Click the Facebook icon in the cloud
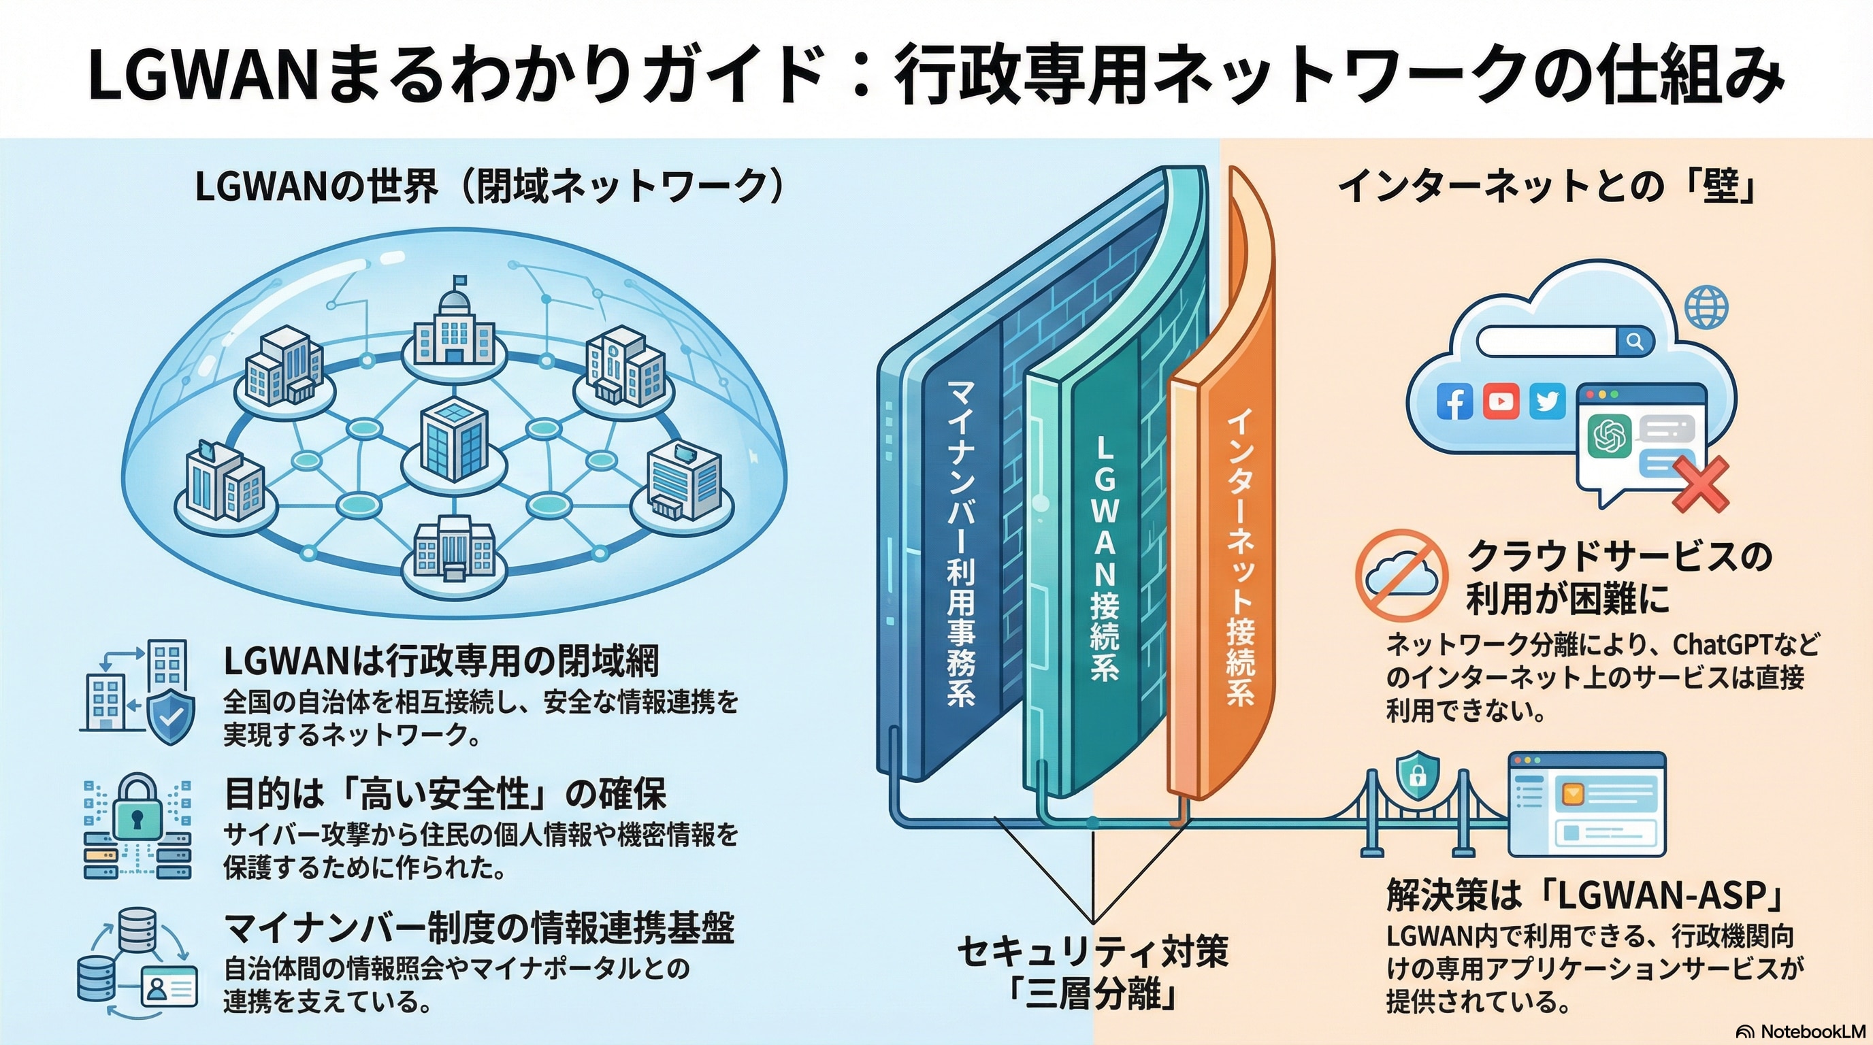pos(1455,401)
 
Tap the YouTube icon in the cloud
pos(1501,401)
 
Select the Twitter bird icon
pos(1546,401)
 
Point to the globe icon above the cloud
pos(1706,308)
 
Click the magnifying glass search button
pos(1635,341)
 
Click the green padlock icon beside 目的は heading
pos(136,814)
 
